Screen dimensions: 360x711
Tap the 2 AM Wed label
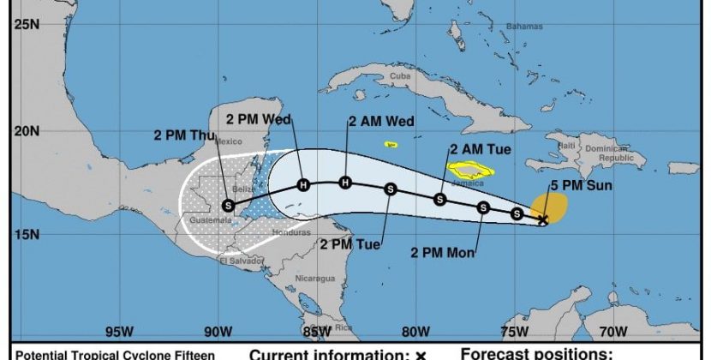(x=381, y=122)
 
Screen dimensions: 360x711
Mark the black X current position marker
(x=542, y=221)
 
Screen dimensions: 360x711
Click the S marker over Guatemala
(x=228, y=205)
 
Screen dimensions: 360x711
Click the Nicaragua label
(x=314, y=279)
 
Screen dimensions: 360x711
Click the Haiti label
(x=566, y=146)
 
